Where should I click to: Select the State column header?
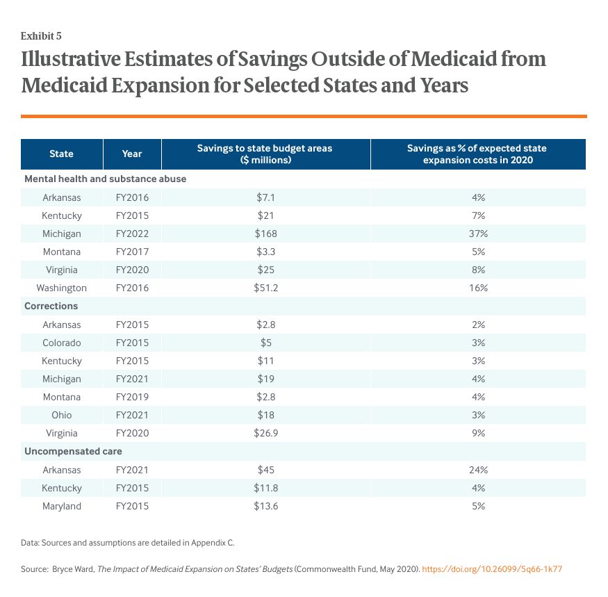point(61,154)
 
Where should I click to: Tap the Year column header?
point(131,154)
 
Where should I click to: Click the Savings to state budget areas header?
point(265,154)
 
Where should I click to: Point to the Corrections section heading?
point(51,306)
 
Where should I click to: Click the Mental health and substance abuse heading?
point(105,179)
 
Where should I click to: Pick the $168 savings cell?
point(266,234)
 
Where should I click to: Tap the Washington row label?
point(61,288)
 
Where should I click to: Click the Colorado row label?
point(61,343)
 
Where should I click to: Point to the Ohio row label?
point(61,415)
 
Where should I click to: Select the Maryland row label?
point(61,506)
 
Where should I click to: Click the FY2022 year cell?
point(131,234)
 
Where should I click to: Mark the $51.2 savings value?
point(266,288)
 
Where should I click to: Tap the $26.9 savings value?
point(266,433)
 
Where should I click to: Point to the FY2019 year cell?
point(131,397)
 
